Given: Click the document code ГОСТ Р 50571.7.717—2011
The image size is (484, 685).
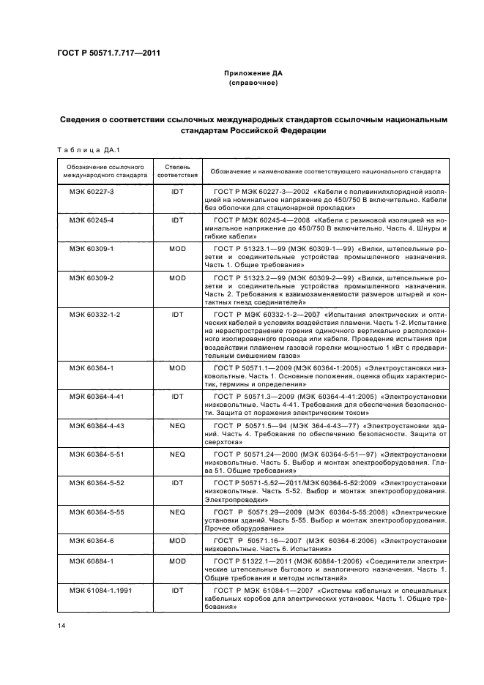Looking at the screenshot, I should [108, 53].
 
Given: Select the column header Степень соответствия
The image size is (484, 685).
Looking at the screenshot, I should [178, 172].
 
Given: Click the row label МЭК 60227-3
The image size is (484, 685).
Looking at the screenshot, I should [88, 191].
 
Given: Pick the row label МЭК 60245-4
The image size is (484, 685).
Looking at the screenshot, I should [88, 220].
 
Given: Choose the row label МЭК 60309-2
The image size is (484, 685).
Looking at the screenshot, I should [88, 279].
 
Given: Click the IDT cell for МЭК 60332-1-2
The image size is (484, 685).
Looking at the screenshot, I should [178, 314].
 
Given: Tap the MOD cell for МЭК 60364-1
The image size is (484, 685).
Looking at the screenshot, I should [178, 367].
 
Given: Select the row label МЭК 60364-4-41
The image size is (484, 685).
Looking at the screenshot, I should [93, 397].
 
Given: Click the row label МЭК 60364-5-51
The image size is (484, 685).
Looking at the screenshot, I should [93, 454].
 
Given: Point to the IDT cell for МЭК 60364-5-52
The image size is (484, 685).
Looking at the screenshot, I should [178, 482].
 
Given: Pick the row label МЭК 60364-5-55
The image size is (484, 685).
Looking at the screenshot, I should [93, 512].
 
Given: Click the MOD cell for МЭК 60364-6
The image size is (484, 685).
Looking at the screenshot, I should [178, 540].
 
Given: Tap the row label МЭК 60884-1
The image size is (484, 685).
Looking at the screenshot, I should [88, 561].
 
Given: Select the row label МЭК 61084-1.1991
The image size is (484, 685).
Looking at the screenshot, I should [97, 589].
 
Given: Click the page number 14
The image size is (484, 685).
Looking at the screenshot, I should [62, 624].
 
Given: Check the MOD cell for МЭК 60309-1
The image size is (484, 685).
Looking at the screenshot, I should [178, 250].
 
